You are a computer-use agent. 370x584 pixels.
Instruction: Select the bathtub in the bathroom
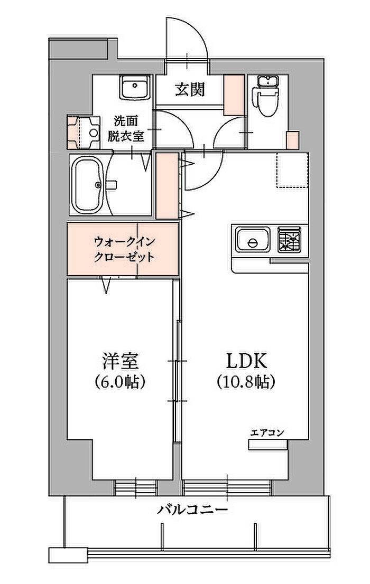pyautogui.click(x=88, y=185)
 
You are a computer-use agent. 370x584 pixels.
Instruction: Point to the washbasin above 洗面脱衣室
pyautogui.click(x=135, y=88)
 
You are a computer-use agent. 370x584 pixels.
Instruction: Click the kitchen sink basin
pyautogui.click(x=253, y=240)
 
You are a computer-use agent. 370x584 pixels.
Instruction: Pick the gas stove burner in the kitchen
pyautogui.click(x=290, y=239)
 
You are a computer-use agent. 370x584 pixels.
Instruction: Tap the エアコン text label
pyautogui.click(x=267, y=432)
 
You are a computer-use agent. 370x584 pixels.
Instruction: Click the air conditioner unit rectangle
pyautogui.click(x=268, y=445)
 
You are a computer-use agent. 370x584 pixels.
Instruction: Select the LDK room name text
pyautogui.click(x=246, y=361)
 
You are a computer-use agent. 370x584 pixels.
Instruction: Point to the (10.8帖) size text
pyautogui.click(x=246, y=381)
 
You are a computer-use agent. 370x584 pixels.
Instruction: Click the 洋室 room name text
pyautogui.click(x=120, y=361)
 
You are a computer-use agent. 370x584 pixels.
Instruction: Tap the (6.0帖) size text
pyautogui.click(x=120, y=381)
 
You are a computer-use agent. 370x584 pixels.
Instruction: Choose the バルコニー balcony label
pyautogui.click(x=192, y=509)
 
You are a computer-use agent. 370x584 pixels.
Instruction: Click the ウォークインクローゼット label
pyautogui.click(x=124, y=249)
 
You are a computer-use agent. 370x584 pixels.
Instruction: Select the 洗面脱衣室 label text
pyautogui.click(x=126, y=128)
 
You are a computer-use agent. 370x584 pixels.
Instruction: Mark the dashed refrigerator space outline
pyautogui.click(x=292, y=170)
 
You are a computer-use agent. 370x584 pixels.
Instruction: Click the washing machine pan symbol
pyautogui.click(x=84, y=132)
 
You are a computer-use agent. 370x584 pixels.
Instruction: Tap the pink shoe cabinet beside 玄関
pyautogui.click(x=234, y=95)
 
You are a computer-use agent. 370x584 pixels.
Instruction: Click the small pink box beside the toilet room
pyautogui.click(x=292, y=140)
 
